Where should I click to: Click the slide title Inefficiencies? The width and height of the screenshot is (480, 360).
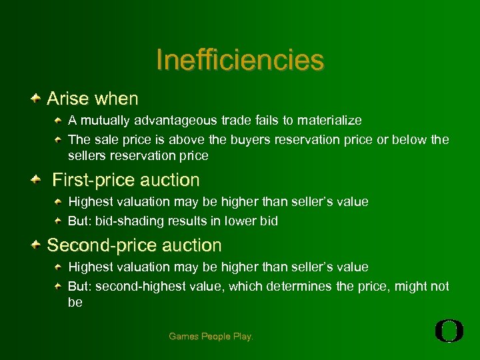(240, 59)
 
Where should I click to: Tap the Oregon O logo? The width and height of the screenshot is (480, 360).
(449, 331)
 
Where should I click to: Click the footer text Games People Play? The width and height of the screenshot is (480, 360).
(211, 337)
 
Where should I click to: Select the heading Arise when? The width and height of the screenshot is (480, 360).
(93, 99)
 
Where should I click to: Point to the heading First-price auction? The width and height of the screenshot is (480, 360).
(126, 180)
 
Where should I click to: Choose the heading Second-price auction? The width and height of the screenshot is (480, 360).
(134, 245)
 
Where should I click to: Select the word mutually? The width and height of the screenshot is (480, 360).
(106, 121)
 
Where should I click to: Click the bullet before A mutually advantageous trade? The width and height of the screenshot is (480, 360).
(59, 121)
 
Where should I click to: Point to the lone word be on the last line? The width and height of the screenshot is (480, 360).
(75, 303)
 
